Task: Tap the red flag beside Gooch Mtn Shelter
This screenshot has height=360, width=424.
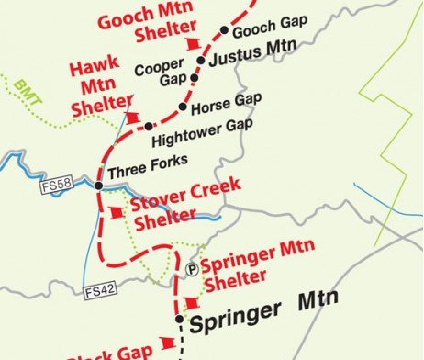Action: click(193, 44)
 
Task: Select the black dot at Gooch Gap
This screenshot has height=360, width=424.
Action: click(225, 30)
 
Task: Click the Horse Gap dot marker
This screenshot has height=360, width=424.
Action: click(183, 108)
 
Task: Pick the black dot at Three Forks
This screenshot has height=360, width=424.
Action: click(98, 186)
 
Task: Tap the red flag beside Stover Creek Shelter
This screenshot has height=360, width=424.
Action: click(115, 212)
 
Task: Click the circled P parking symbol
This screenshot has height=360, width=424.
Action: click(191, 269)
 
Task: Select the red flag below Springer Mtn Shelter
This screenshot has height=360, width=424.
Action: click(192, 304)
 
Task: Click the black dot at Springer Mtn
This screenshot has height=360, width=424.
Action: click(180, 321)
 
